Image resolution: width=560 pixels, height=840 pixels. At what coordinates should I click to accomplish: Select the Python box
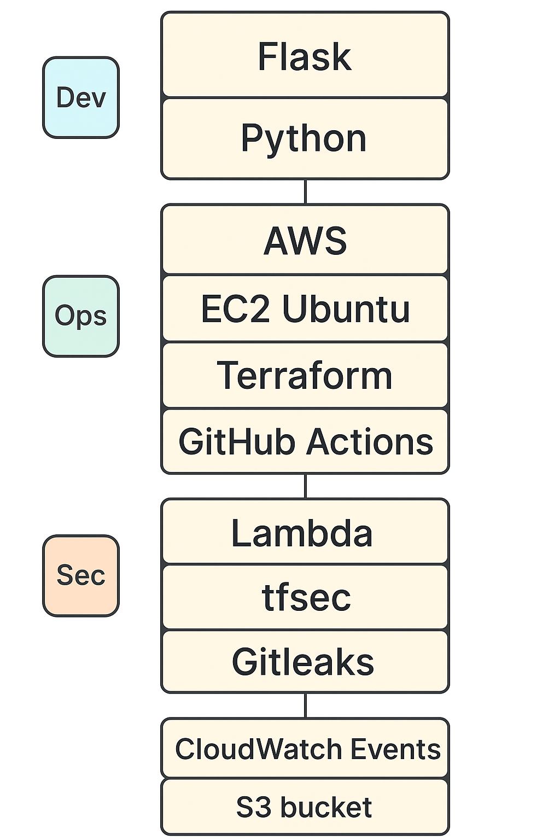pos(305,138)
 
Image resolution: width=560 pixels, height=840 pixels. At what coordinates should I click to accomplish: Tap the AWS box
pos(305,240)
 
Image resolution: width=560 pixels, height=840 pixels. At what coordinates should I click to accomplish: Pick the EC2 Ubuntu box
pos(305,309)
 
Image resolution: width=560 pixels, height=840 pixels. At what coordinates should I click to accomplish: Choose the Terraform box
pos(305,376)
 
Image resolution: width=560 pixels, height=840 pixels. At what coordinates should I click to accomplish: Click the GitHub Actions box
pos(305,441)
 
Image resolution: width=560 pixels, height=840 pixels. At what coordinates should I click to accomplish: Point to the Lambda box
pos(305,533)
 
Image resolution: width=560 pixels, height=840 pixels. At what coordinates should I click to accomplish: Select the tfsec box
pos(305,597)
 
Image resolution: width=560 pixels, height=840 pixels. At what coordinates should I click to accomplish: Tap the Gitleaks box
pos(305,662)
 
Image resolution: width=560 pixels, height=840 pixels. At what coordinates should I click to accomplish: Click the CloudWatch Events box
pos(305,749)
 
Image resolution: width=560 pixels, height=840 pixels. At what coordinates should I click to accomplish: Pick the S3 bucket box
pos(305,807)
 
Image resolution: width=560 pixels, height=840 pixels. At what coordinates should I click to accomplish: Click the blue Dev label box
pos(81,97)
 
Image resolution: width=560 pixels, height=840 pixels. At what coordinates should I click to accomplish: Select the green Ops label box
pos(81,316)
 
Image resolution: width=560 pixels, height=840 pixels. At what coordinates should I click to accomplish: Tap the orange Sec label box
pos(81,575)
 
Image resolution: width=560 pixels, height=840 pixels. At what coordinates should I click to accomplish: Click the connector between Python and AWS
pos(305,191)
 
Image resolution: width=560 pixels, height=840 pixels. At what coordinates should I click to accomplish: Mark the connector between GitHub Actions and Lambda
pos(305,486)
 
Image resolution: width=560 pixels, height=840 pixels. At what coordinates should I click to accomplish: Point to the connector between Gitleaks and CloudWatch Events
pos(305,705)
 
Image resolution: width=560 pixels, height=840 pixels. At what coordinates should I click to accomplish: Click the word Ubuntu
pos(346,309)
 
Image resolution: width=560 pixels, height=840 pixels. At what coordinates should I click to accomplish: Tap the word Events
pos(395,749)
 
